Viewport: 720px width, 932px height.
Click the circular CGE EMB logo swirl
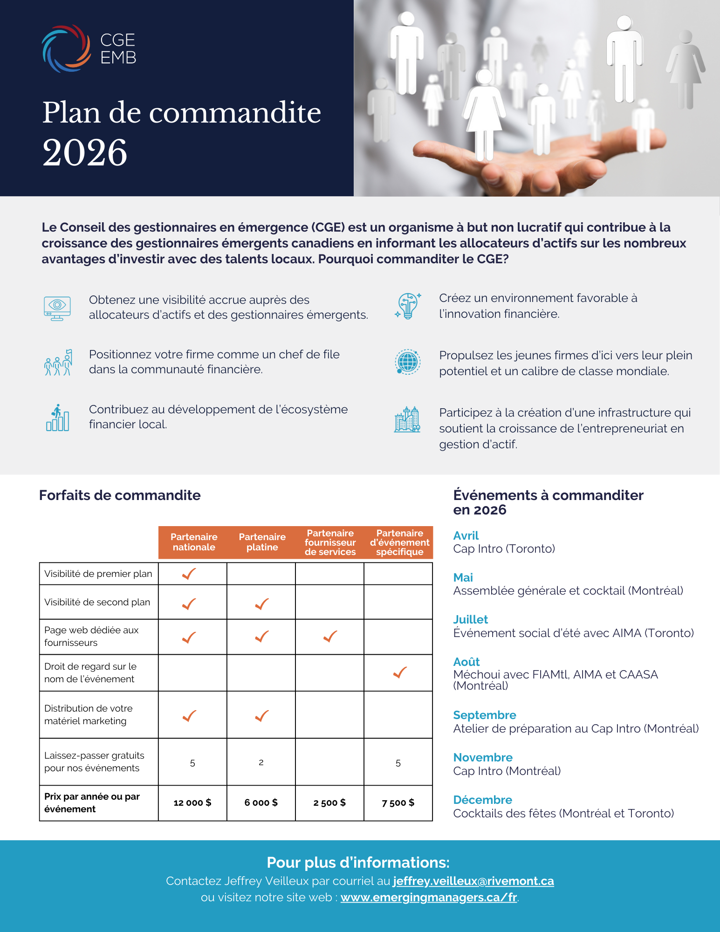pos(66,48)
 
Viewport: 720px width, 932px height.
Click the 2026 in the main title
pos(85,153)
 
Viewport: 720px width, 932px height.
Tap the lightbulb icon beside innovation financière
pos(408,306)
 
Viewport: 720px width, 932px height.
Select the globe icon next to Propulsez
pos(408,362)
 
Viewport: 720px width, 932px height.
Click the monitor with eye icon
pos(57,308)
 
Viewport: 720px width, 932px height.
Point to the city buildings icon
pos(407,419)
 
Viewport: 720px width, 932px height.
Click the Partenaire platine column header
pos(262,542)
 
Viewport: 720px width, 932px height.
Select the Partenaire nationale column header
pos(194,542)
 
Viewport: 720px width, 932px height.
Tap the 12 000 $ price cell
pos(192,802)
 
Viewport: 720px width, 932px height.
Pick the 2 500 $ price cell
pos(329,802)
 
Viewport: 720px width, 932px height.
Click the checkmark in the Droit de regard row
pos(400,672)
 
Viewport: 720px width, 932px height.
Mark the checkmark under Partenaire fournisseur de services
pos(330,637)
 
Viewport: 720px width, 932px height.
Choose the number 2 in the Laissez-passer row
pos(261,762)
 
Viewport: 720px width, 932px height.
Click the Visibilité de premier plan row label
pos(98,574)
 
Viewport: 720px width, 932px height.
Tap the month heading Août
pos(466,662)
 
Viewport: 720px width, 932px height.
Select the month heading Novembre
pos(483,757)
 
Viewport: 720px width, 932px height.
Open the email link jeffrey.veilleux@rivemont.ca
pos(473,881)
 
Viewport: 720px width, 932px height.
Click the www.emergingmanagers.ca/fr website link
pos(429,897)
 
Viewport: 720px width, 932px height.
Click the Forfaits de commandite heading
pos(120,495)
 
